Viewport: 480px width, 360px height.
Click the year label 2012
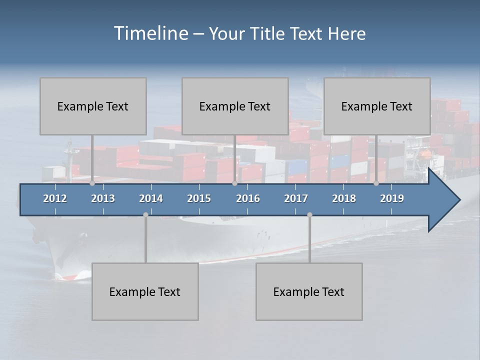55,198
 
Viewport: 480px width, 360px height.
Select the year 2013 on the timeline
103,198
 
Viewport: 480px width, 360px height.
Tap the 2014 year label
151,198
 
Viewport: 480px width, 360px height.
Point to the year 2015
199,198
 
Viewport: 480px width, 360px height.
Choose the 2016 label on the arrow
248,198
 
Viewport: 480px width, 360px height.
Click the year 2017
296,198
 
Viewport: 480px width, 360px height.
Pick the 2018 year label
344,198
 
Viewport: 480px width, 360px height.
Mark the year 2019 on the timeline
392,198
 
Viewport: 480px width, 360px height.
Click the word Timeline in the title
150,33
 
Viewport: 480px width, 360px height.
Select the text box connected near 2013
93,106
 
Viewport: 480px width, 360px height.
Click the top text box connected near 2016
235,106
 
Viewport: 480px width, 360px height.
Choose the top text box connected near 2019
377,106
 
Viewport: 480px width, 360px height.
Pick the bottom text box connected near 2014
145,291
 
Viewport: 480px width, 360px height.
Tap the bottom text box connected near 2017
309,291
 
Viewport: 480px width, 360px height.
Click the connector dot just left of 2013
92,183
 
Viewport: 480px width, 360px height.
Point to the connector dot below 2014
145,215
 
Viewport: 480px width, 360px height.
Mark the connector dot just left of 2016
235,183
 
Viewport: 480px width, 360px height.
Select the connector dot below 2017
309,215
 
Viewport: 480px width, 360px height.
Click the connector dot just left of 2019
376,183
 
